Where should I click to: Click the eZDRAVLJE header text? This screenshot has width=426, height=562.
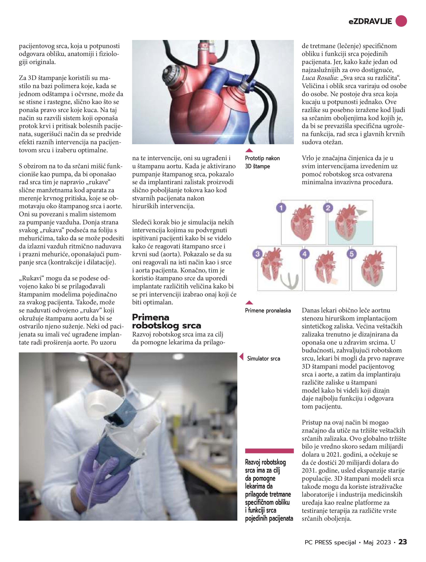[x=370, y=22]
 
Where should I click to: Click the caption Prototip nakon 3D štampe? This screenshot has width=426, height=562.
[x=262, y=162]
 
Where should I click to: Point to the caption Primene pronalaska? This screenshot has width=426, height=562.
[x=268, y=311]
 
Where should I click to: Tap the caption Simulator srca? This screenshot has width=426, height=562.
[x=263, y=359]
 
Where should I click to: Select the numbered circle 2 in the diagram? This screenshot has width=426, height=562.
[x=328, y=208]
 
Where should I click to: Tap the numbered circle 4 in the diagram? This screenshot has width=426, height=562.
[x=304, y=254]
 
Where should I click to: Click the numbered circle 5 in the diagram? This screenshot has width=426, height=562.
[x=352, y=254]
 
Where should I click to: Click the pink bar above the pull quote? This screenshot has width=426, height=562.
[x=269, y=451]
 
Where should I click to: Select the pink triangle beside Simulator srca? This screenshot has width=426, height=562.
[x=242, y=357]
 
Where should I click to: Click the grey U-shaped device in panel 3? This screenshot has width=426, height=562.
[x=289, y=281]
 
